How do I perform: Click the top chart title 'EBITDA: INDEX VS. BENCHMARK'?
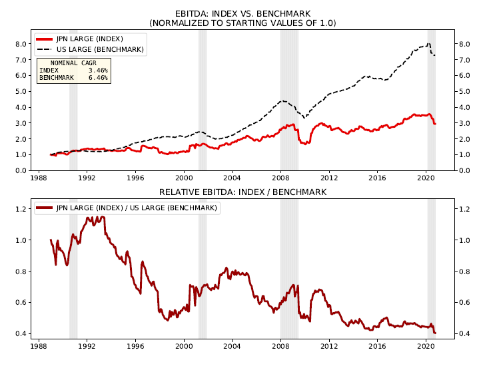[243, 13]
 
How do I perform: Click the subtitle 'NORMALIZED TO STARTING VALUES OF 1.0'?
[243, 23]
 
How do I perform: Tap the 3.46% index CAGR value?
[98, 70]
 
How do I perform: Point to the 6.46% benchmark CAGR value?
[98, 77]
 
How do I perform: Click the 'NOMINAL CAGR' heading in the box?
[73, 63]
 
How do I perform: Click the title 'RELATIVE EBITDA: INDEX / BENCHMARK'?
[243, 192]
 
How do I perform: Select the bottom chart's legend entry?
[127, 208]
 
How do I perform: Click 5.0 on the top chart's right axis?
[465, 91]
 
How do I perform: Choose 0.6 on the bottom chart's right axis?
[465, 303]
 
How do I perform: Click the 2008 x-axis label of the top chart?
[280, 178]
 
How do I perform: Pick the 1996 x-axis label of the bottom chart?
[135, 347]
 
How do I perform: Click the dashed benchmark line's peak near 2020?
[428, 44]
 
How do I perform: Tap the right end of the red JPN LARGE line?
[435, 123]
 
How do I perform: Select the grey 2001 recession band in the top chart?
[203, 100]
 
